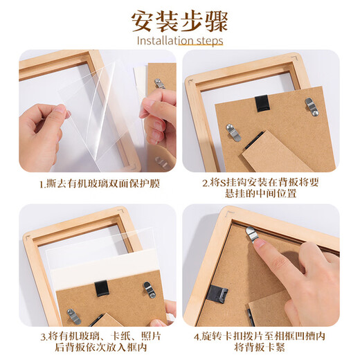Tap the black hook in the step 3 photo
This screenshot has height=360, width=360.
coord(102,287)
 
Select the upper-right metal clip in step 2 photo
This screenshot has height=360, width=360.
coord(312,106)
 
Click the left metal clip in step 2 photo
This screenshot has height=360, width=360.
coord(233,132)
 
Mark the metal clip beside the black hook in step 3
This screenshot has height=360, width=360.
coord(148,289)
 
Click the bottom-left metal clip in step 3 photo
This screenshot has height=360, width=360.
coord(73,316)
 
